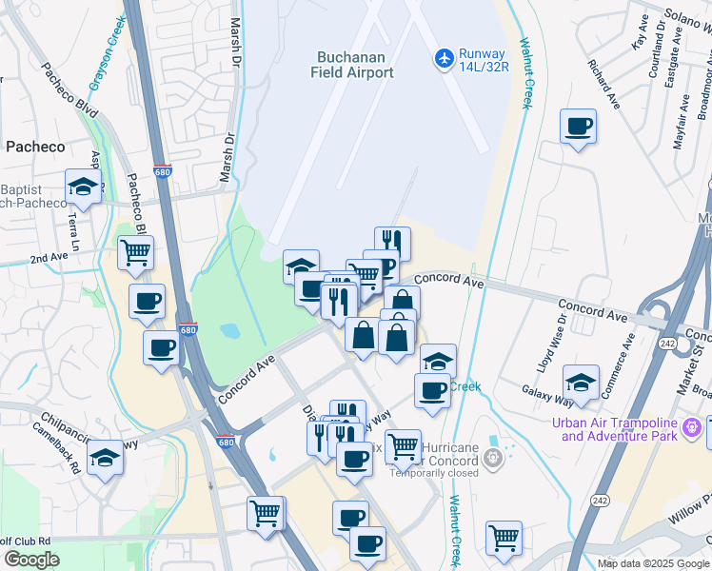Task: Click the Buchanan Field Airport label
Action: [351, 64]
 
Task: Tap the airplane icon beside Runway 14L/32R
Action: [444, 58]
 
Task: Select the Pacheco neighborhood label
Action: [35, 147]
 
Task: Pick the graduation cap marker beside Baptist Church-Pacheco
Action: [84, 187]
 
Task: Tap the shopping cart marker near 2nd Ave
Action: [136, 253]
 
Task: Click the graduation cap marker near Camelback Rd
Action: [106, 459]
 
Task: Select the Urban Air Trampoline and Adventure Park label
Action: [619, 429]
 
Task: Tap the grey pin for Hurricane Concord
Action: [492, 458]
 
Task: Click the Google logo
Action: [31, 560]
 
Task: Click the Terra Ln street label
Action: [73, 226]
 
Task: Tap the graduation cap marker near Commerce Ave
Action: [581, 383]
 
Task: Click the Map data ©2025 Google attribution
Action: [652, 563]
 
